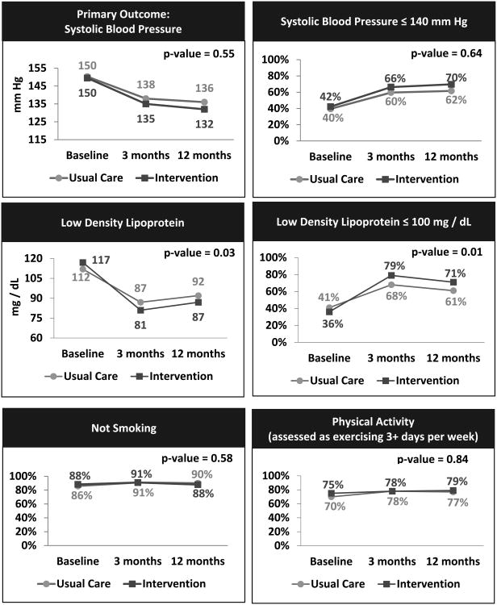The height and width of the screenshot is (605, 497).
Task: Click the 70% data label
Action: pos(456,77)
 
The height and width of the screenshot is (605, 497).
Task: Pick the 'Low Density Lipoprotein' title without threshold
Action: pos(123,222)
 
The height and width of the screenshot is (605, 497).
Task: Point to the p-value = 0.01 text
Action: pos(446,252)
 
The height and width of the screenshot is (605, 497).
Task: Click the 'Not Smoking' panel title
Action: pos(123,428)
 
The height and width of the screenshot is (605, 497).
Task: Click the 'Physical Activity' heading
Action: pos(372,419)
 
